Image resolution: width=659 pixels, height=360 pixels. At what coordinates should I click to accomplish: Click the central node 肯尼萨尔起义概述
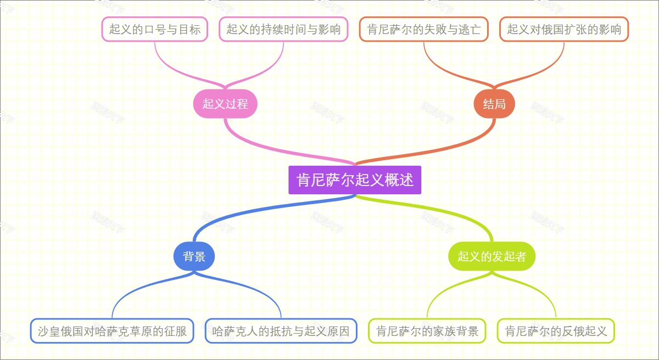[355, 180]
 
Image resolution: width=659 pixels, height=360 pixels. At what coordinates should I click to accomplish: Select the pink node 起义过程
[225, 103]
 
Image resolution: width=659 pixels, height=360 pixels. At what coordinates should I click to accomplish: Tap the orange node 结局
[494, 103]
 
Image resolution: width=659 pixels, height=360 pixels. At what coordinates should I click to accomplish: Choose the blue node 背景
[194, 256]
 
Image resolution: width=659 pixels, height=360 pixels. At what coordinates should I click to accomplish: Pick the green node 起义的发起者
[492, 256]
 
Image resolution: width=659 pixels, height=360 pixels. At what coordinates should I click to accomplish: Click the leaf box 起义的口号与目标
[155, 29]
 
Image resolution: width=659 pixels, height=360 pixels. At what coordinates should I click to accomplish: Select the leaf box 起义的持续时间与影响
[283, 29]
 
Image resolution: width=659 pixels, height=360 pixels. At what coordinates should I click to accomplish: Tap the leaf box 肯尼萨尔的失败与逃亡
[424, 29]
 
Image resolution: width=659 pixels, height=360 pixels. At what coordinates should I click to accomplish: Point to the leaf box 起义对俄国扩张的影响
[564, 29]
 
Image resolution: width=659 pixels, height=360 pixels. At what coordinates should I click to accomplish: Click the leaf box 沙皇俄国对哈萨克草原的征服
[112, 331]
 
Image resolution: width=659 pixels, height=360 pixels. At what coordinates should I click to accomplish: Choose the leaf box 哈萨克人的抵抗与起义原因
[281, 331]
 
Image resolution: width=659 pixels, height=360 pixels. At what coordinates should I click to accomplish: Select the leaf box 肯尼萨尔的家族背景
[427, 331]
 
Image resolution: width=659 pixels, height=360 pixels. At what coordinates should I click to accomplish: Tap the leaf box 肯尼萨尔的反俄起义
[556, 331]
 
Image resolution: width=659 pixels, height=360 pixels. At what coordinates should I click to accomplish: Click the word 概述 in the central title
[399, 180]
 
